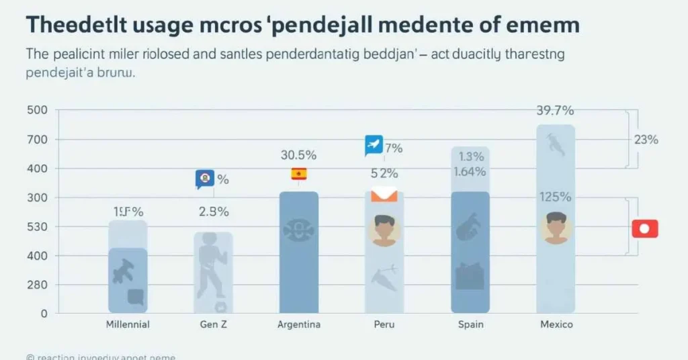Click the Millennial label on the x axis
pos(128,324)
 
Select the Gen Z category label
pos(214,324)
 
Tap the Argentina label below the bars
pos(299,324)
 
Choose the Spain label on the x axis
pos(470,324)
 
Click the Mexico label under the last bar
pos(556,324)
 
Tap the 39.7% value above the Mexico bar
pos(555,111)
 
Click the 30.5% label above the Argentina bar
pos(299,154)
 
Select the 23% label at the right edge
pos(646,140)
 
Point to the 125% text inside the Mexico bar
pos(555,197)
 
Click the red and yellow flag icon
pos(299,174)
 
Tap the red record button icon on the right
pos(645,228)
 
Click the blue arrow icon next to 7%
pos(374,144)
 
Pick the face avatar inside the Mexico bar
pos(556,227)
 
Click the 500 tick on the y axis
pos(37,111)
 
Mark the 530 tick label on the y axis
pos(37,227)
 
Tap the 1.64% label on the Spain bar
pos(470,171)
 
